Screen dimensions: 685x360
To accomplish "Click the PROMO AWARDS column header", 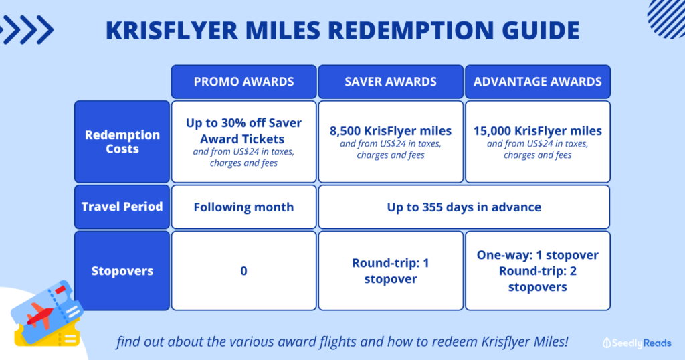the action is tap(243, 82).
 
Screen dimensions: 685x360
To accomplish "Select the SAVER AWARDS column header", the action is tap(391, 82).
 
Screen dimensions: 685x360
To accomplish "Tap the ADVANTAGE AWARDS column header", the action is tap(537, 82).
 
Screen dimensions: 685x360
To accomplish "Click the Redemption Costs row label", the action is tap(122, 142).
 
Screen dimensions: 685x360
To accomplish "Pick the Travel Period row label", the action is tap(122, 207).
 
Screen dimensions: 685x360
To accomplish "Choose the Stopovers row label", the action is tap(122, 271).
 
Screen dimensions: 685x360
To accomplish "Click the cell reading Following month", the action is tap(243, 207).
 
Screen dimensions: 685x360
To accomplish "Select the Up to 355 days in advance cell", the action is tap(464, 207).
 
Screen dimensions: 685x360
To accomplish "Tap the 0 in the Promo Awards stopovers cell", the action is tap(243, 271).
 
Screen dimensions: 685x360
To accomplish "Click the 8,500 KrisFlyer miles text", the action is tap(391, 131).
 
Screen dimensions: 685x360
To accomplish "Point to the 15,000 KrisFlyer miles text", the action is tap(538, 131).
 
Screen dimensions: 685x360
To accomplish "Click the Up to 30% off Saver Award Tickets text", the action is tap(243, 131).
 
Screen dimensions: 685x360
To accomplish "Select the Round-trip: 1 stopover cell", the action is tap(391, 271).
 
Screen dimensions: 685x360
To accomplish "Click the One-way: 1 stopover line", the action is tap(538, 255).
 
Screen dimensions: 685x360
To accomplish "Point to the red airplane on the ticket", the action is tap(40, 315).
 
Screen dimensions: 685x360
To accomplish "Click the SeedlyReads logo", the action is tap(637, 343).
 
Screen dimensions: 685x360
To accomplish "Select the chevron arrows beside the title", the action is tap(26, 29).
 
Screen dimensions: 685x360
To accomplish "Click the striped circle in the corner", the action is tap(667, 18).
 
